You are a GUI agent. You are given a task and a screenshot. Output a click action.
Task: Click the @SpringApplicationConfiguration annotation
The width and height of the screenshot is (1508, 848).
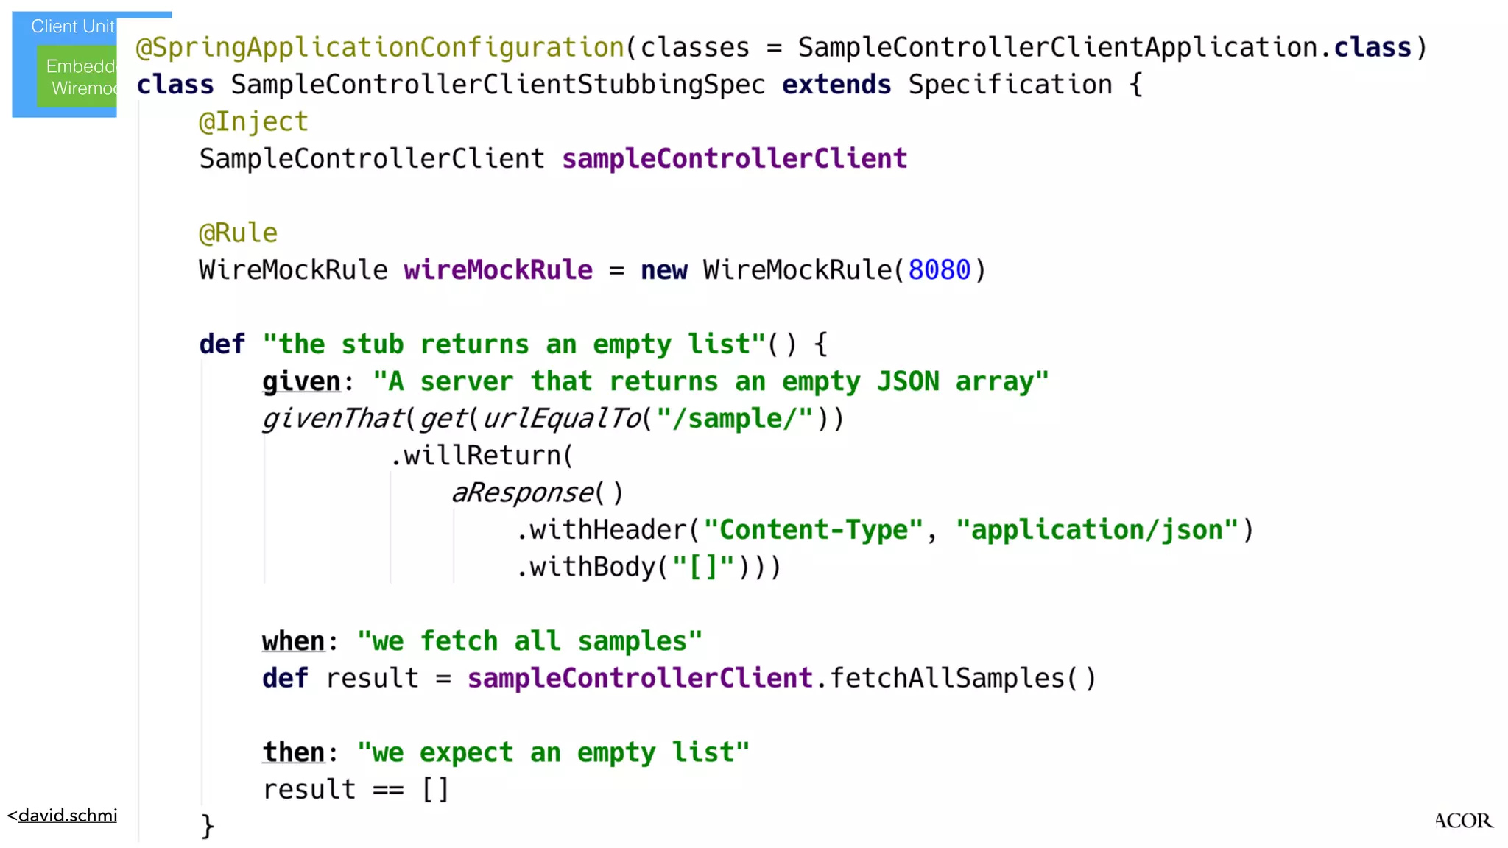(x=380, y=48)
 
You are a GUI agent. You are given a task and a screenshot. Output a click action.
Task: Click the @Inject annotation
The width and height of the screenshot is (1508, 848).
(x=253, y=122)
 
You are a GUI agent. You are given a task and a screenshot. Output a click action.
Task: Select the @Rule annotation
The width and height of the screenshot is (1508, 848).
(x=238, y=233)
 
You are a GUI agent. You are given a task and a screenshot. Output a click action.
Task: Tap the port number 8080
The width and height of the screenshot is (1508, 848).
(x=939, y=270)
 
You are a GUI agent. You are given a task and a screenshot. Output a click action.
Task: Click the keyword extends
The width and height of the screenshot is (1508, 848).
(x=836, y=85)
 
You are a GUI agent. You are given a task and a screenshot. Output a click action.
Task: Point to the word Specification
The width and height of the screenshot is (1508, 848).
(x=1010, y=85)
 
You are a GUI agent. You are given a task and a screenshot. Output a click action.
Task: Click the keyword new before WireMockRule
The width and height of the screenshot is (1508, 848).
(x=663, y=270)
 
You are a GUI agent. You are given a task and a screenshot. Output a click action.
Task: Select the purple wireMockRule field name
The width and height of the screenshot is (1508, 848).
(x=498, y=270)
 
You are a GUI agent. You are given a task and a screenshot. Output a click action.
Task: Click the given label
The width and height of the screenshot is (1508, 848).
(x=301, y=381)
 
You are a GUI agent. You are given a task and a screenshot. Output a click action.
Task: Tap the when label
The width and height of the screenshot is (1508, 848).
(x=293, y=641)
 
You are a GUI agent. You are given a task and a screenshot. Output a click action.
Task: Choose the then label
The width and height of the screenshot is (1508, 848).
(x=293, y=752)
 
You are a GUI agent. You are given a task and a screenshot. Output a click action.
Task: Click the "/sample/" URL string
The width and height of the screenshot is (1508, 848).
(x=734, y=419)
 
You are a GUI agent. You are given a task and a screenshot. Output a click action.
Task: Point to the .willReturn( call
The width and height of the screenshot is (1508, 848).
(x=482, y=456)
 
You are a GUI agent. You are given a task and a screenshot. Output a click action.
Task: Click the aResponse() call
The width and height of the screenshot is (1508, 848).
(x=537, y=493)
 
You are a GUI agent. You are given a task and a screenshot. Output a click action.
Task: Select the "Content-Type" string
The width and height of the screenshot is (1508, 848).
(x=813, y=530)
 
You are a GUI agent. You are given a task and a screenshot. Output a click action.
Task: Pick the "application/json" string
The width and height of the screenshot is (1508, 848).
(x=1097, y=530)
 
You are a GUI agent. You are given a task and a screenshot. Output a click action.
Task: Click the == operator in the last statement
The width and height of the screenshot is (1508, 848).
(x=388, y=790)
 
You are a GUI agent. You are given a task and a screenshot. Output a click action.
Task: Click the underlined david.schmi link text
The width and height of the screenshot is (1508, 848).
(x=67, y=816)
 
